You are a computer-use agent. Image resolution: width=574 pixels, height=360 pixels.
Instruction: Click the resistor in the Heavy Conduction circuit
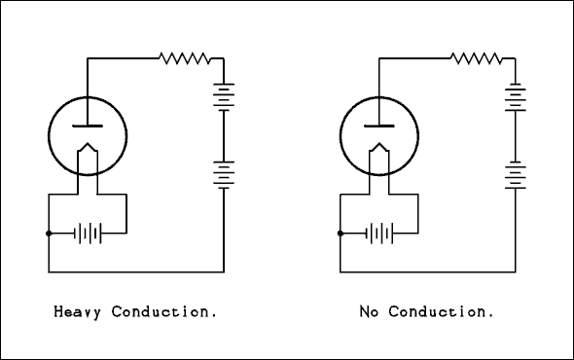[x=185, y=58]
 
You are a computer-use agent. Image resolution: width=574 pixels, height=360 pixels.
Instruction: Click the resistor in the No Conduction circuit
[x=477, y=58]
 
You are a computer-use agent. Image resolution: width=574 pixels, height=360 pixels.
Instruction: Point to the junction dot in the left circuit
[x=49, y=234]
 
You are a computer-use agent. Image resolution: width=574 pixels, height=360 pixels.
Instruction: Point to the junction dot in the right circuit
[x=341, y=234]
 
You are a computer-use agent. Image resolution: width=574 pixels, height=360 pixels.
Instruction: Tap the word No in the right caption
[x=368, y=312]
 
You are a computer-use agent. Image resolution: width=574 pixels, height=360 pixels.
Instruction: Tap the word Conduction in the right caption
[x=442, y=312]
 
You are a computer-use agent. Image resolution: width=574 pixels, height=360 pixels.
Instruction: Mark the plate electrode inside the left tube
[x=88, y=126]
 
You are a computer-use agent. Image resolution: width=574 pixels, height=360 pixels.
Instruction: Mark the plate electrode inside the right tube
[x=379, y=126]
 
